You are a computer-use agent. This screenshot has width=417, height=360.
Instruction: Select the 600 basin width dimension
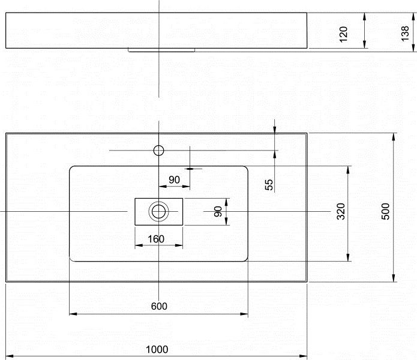(x=158, y=306)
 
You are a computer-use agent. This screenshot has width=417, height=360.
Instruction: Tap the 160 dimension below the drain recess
(x=156, y=239)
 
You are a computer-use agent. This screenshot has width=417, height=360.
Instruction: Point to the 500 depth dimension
(x=386, y=211)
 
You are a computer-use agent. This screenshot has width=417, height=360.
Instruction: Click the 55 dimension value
(x=269, y=185)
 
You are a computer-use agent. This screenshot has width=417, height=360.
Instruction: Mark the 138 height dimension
(x=406, y=34)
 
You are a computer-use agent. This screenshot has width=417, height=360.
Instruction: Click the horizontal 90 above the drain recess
(x=175, y=179)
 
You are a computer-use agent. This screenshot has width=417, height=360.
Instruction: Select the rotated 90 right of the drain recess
(x=218, y=211)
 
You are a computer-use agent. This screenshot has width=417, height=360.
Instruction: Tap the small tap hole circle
(x=159, y=150)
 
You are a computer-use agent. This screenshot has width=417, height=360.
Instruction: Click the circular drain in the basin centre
(x=159, y=211)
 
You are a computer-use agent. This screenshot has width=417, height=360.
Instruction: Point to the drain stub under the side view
(x=161, y=50)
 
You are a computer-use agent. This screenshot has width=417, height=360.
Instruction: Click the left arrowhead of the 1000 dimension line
(x=9, y=356)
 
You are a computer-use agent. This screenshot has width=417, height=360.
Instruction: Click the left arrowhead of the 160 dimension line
(x=138, y=245)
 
